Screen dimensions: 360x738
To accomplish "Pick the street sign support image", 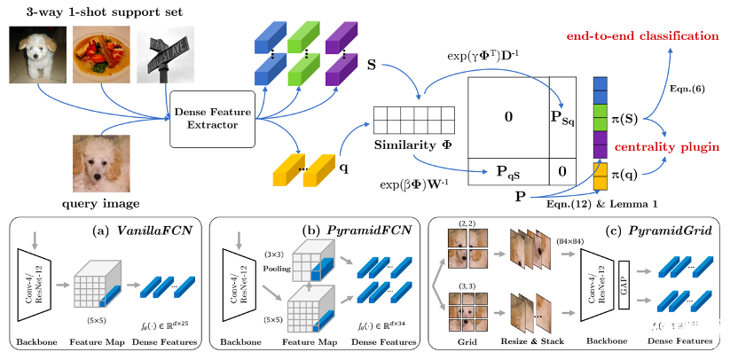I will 162,58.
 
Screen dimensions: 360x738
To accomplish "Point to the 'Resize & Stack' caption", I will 525,340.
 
